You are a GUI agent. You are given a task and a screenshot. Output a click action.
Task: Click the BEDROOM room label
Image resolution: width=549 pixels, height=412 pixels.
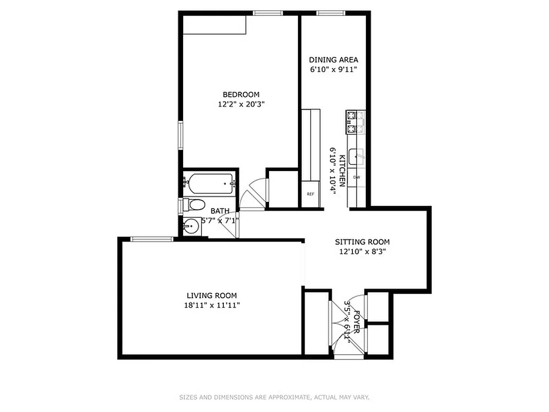coord(241,94)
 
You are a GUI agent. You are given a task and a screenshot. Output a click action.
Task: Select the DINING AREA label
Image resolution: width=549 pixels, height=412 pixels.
coord(333,60)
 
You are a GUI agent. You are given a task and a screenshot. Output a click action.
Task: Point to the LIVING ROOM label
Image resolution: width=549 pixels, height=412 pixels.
coord(211,295)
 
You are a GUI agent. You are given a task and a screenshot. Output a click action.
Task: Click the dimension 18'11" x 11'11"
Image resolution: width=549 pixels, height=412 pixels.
coord(211,305)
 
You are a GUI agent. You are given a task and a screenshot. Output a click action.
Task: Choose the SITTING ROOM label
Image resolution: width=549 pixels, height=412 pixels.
coord(362,242)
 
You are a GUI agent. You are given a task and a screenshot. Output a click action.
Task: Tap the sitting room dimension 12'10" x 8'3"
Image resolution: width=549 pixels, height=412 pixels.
coord(362,252)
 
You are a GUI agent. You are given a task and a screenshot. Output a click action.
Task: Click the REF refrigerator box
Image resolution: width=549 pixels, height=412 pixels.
coord(310,194)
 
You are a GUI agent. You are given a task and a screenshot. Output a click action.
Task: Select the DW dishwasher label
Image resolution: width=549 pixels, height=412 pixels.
coord(356,177)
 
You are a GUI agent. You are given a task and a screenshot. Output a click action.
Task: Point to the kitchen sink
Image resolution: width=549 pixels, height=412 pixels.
coord(357,156)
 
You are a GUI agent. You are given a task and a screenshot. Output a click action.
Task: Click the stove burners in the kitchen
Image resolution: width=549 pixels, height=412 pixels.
coord(356,122)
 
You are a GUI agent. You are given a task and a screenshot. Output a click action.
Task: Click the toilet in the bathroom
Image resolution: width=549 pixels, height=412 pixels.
coord(194,205)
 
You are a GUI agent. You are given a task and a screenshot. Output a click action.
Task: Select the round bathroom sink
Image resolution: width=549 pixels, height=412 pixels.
coord(191,226)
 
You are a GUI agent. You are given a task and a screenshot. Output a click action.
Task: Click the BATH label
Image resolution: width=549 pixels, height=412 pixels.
coord(220,211)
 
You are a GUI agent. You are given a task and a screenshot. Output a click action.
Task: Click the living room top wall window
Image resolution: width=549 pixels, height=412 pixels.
coord(152,238)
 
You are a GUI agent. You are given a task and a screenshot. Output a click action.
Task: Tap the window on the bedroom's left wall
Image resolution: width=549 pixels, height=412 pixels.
coord(181,135)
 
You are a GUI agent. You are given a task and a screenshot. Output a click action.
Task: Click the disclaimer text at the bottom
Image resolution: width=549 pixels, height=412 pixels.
coord(274,397)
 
